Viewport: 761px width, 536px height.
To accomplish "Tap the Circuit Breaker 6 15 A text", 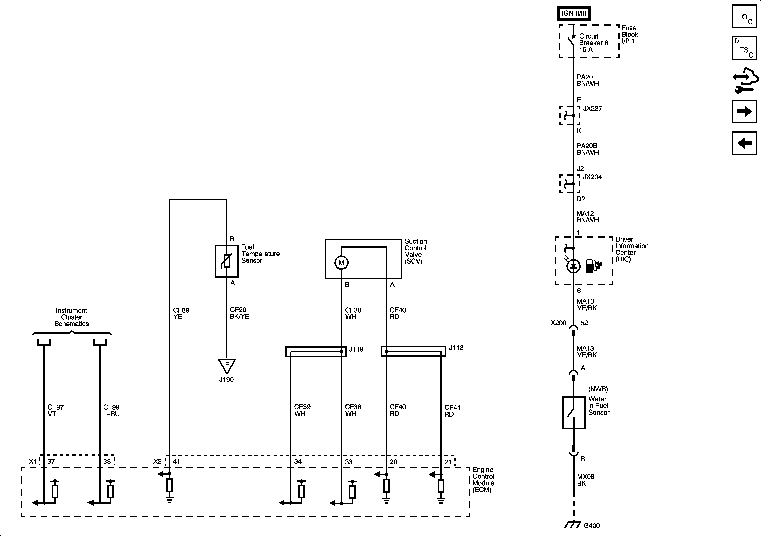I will tap(593, 43).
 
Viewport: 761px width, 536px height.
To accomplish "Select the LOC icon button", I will tap(744, 16).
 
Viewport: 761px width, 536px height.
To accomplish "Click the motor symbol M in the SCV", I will tap(341, 263).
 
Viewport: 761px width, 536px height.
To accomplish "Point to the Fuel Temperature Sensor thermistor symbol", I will tap(227, 261).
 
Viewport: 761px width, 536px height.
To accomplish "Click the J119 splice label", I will tap(356, 349).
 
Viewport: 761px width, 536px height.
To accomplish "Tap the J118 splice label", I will tap(456, 348).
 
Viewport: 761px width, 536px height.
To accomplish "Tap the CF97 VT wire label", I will tap(55, 410).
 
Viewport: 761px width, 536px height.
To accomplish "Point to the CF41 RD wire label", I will tap(452, 411).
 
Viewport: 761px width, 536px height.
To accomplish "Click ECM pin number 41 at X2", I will tap(176, 461).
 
